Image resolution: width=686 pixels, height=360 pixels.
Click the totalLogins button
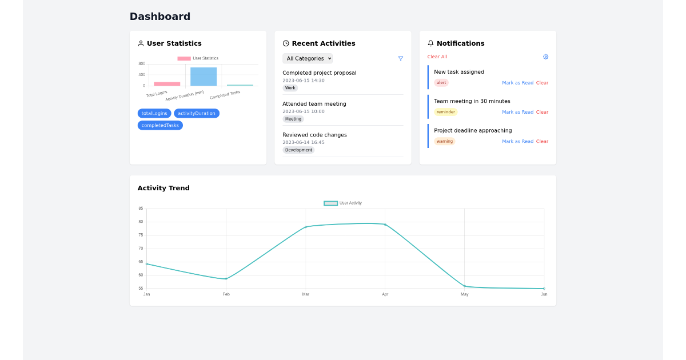click(x=154, y=113)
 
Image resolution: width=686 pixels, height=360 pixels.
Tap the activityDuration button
click(x=197, y=113)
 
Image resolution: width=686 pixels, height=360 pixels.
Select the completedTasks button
click(x=160, y=125)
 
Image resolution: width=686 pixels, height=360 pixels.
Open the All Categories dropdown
click(x=308, y=58)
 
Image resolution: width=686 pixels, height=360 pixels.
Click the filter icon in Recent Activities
click(x=401, y=58)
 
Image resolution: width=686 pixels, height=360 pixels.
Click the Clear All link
click(x=437, y=57)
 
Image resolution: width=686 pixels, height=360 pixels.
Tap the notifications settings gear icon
click(x=545, y=57)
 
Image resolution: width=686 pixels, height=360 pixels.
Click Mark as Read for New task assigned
click(x=517, y=83)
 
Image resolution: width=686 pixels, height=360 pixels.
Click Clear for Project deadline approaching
click(x=542, y=141)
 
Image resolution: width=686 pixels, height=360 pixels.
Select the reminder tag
click(x=446, y=112)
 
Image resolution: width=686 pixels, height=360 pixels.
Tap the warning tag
click(x=445, y=141)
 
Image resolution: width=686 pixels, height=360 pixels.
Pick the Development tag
click(x=298, y=150)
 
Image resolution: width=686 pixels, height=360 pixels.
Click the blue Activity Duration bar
click(x=204, y=77)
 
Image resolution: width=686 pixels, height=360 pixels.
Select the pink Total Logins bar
click(x=167, y=84)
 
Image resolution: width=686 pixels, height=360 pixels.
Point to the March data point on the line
click(x=306, y=227)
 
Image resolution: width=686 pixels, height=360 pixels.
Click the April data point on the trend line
click(x=385, y=225)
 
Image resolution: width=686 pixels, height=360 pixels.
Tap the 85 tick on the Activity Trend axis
click(x=141, y=209)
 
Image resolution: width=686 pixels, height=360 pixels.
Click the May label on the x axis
click(x=464, y=294)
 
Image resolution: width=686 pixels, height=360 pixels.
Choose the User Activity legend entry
click(x=343, y=203)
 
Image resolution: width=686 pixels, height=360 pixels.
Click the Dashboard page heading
click(x=160, y=17)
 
